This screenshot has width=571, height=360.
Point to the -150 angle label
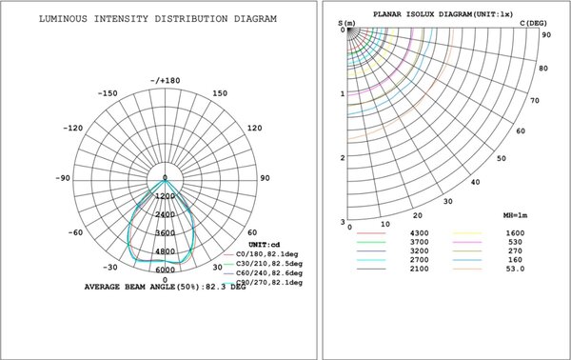pyautogui.click(x=108, y=93)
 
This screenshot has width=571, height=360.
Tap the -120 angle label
pyautogui.click(x=71, y=128)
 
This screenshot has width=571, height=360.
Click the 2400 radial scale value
pyautogui.click(x=165, y=214)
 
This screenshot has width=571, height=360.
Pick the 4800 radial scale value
pyautogui.click(x=165, y=251)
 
